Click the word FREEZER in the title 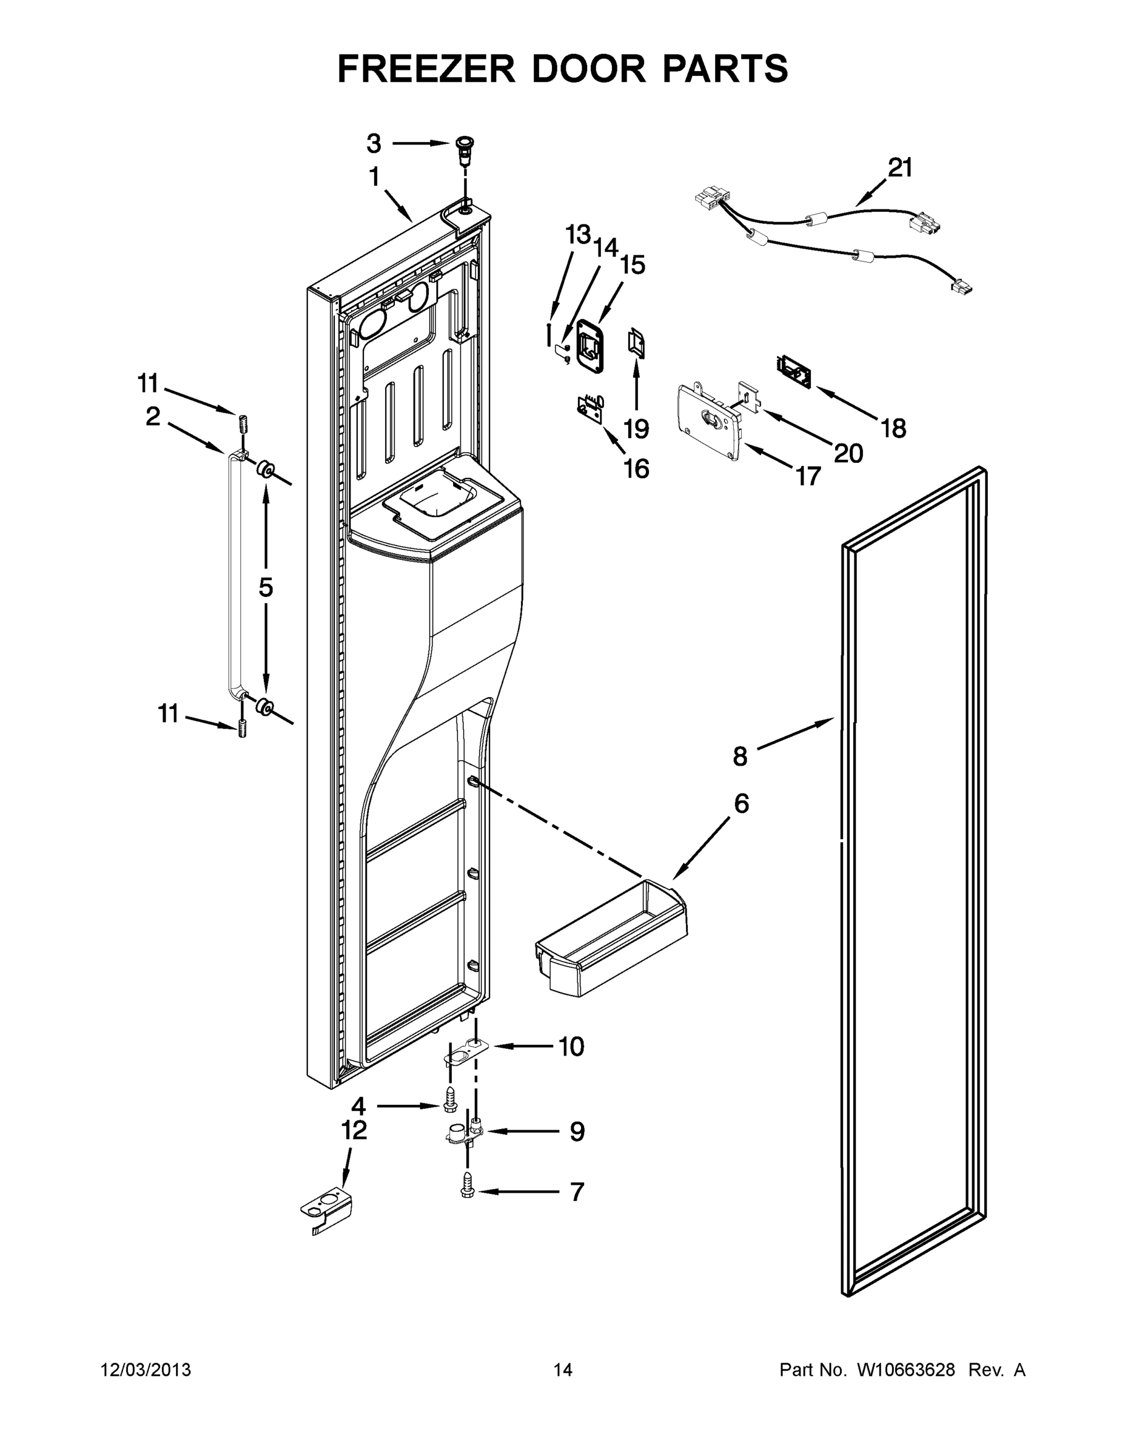[426, 68]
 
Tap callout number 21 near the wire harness [900, 167]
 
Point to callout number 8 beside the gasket [740, 756]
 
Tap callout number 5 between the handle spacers [265, 587]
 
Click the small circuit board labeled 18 [793, 371]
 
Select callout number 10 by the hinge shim [571, 1046]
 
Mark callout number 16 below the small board [636, 469]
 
